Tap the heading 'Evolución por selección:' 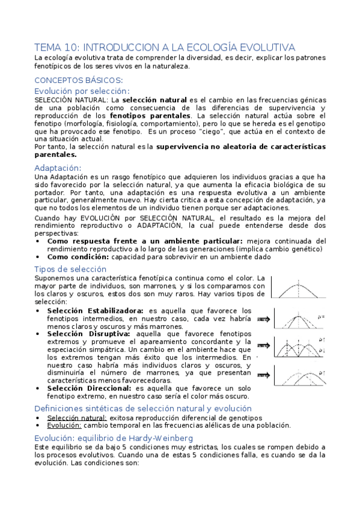pyautogui.click(x=82, y=90)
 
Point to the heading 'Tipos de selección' pyautogui.click(x=70, y=269)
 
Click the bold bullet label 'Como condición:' pyautogui.click(x=78, y=257)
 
